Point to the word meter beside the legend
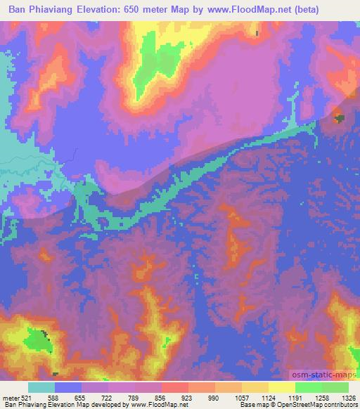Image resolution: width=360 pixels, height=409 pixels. (12, 397)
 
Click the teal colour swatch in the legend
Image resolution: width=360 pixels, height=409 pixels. (41, 387)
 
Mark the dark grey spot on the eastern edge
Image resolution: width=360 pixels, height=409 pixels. (340, 119)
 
